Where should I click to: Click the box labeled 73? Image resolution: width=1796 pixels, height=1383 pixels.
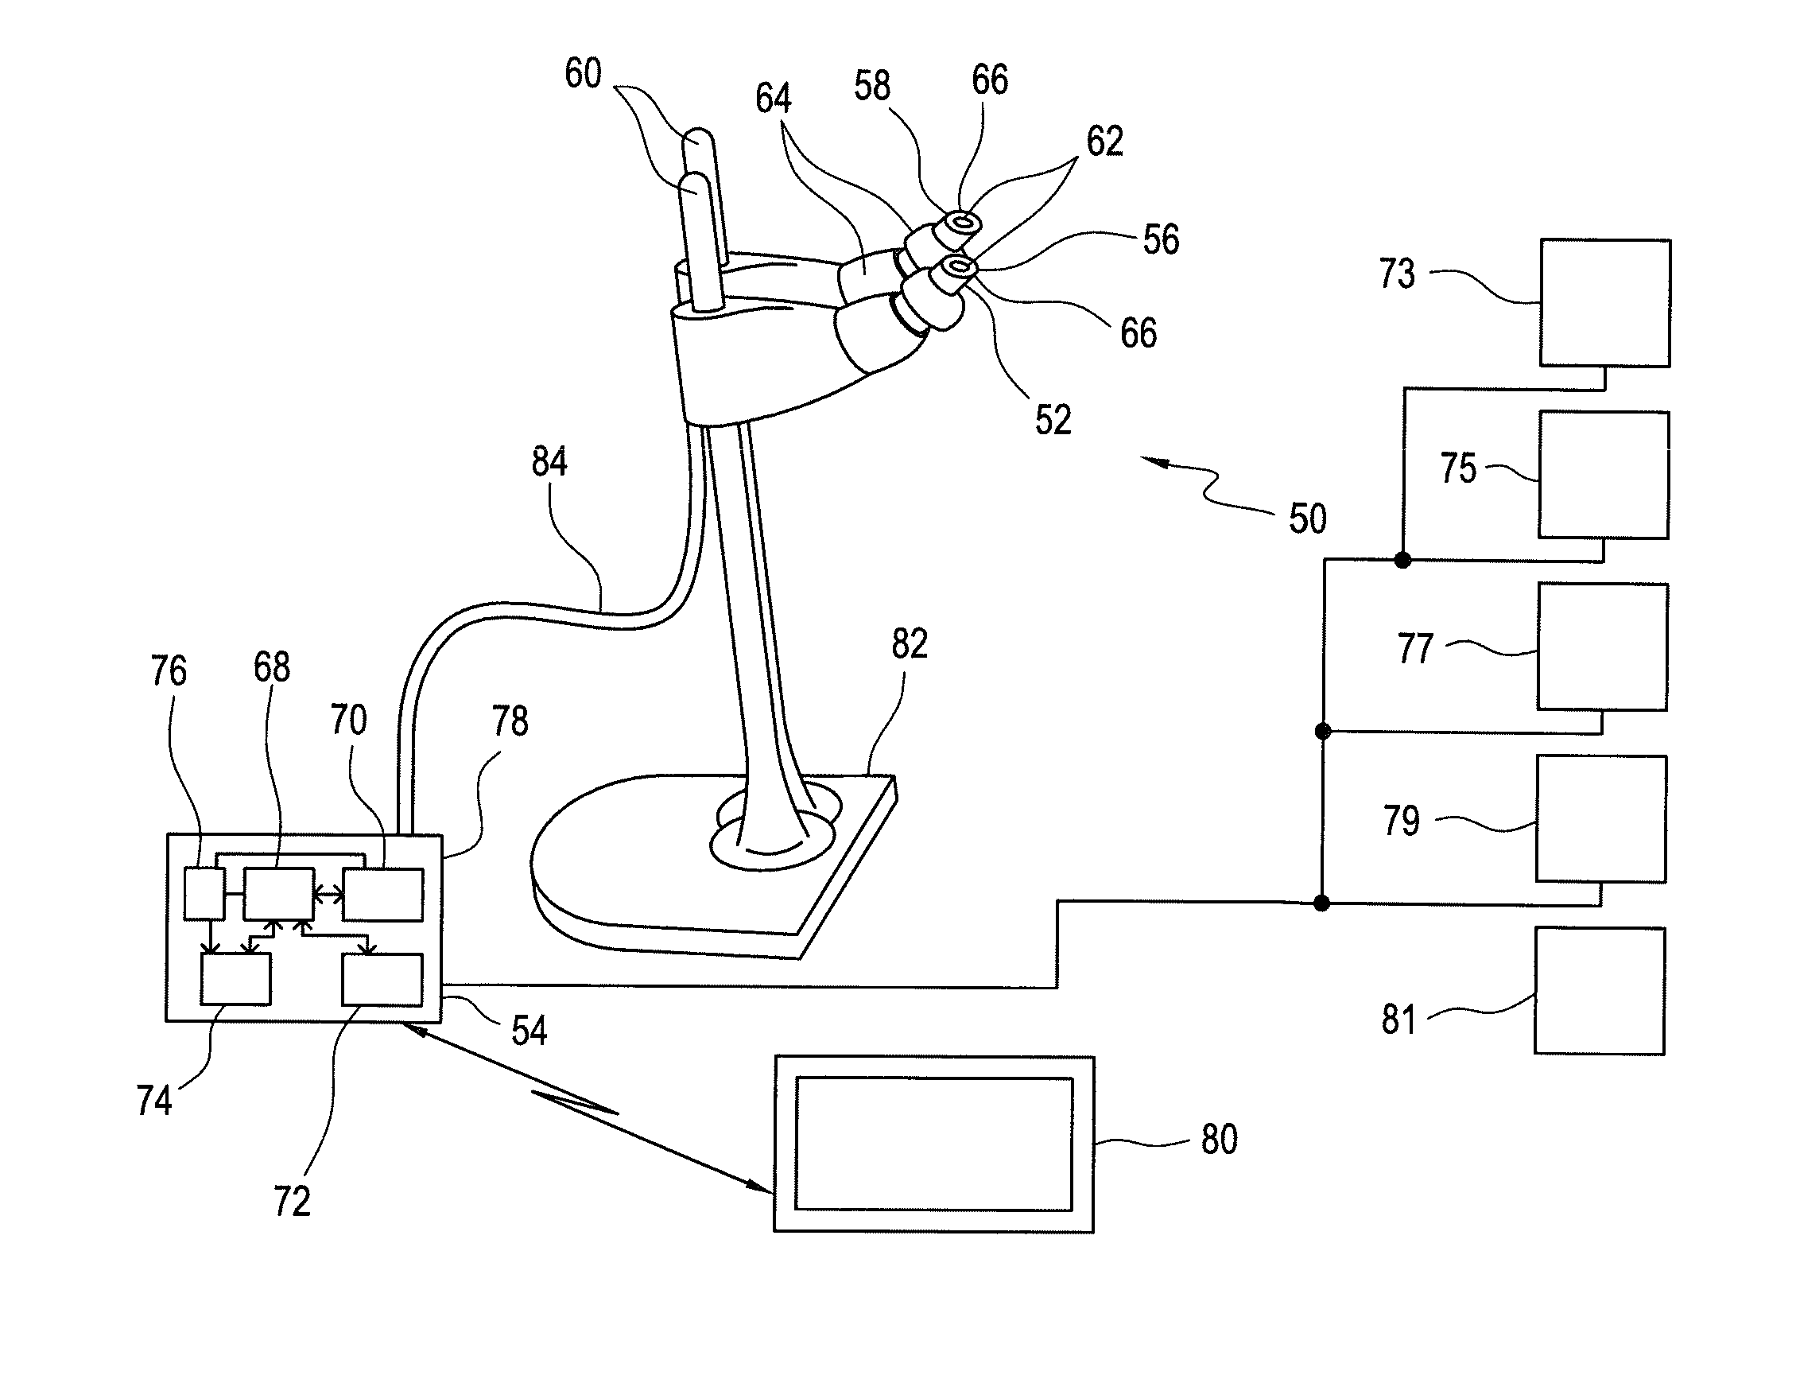point(1605,303)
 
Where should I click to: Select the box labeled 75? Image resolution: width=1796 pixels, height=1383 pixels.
point(1604,475)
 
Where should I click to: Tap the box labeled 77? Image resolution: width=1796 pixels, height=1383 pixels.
point(1603,647)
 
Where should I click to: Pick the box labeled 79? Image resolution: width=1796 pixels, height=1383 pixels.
point(1601,819)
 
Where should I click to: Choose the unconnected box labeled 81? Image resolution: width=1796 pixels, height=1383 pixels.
point(1600,991)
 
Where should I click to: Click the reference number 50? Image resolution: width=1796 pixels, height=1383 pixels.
point(1308,519)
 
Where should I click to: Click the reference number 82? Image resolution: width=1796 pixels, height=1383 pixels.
point(910,643)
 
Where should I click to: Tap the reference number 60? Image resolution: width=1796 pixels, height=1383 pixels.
point(583,73)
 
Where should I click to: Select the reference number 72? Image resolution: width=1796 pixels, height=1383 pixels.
point(292,1202)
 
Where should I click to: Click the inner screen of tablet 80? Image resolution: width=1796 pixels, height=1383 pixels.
point(934,1144)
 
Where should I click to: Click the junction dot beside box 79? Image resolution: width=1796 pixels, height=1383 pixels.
point(1321,903)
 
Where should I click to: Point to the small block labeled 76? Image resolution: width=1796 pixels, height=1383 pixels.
point(204,893)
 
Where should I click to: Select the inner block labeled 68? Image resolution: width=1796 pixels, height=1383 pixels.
point(279,893)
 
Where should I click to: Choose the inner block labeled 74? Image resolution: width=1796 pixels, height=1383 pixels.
point(236,979)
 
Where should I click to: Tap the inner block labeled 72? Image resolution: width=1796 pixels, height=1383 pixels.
point(383,979)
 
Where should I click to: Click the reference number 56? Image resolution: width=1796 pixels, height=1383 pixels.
point(1161,239)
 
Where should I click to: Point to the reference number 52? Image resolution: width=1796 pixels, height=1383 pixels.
point(1053,421)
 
